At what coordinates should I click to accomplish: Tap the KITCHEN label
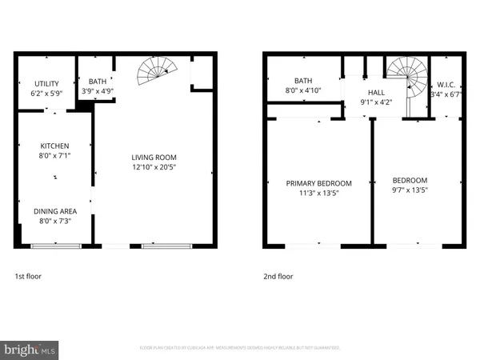pyautogui.click(x=55, y=146)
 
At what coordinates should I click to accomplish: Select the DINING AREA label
pyautogui.click(x=55, y=211)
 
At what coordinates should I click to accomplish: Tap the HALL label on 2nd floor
pyautogui.click(x=375, y=92)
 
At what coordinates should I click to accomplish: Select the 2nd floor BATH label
pyautogui.click(x=302, y=81)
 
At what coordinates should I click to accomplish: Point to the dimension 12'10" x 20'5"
pyautogui.click(x=154, y=168)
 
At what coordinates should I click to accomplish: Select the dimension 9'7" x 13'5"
pyautogui.click(x=410, y=190)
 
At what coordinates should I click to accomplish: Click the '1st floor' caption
pyautogui.click(x=28, y=276)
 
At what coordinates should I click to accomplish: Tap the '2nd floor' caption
pyautogui.click(x=279, y=276)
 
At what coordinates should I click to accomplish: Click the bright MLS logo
pyautogui.click(x=30, y=349)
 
